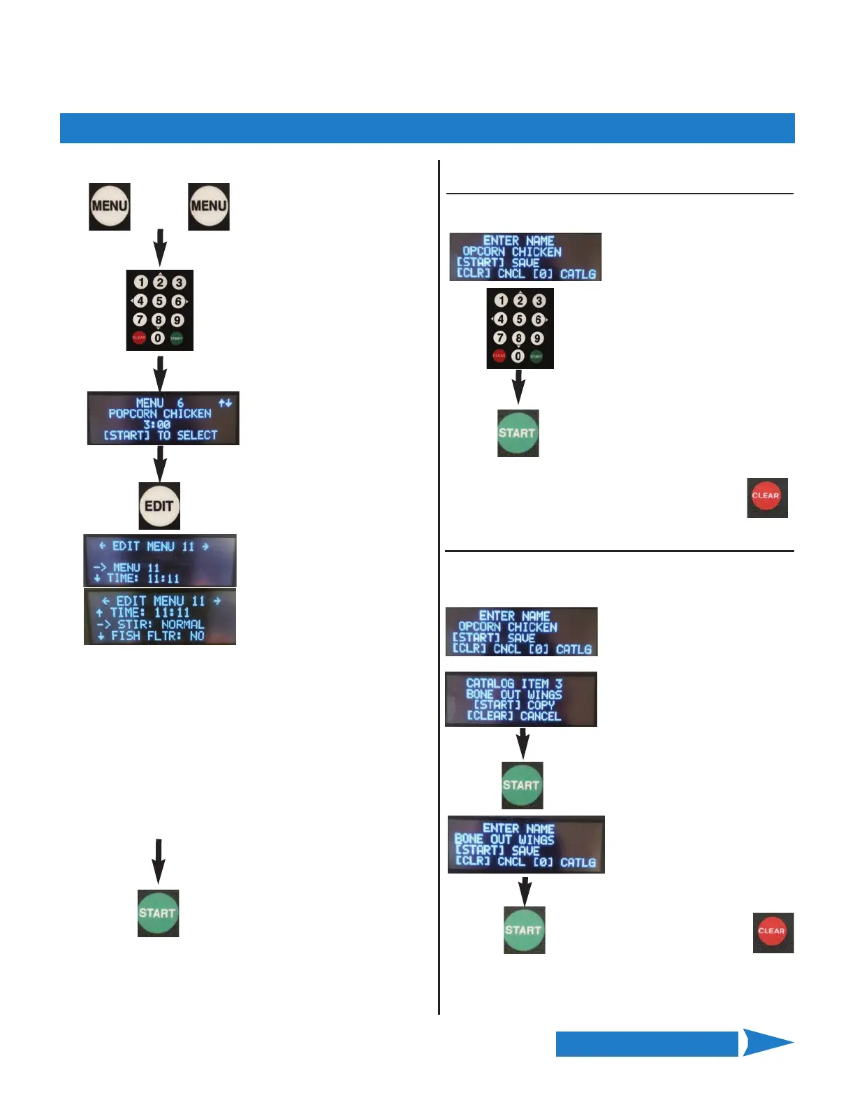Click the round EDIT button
click(x=159, y=505)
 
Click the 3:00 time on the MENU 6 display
click(x=157, y=424)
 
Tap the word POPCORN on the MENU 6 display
click(x=133, y=414)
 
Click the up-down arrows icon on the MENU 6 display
click(x=225, y=403)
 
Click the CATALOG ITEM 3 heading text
click(x=514, y=683)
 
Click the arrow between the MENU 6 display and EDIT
click(x=160, y=463)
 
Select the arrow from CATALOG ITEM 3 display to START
click(x=522, y=744)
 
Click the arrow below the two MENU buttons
click(x=160, y=247)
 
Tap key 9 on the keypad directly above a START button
click(x=537, y=338)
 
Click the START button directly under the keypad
click(x=518, y=433)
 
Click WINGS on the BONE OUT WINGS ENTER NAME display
click(x=536, y=839)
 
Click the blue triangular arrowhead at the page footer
click(x=766, y=1043)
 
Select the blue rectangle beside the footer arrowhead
click(x=647, y=1043)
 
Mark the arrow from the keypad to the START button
click(x=518, y=386)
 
